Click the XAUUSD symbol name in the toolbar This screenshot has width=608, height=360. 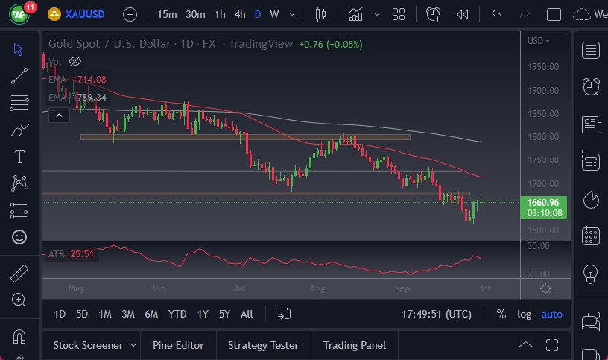click(85, 14)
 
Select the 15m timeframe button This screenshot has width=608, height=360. click(168, 14)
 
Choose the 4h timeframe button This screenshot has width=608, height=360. click(239, 14)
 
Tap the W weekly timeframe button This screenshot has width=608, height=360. click(274, 14)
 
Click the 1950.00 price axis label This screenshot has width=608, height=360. click(542, 67)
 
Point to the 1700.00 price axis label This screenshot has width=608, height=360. click(542, 183)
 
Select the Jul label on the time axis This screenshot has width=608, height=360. click(240, 288)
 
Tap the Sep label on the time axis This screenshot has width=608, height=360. click(402, 288)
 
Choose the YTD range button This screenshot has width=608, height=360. click(177, 314)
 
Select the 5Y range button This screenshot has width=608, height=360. click(224, 314)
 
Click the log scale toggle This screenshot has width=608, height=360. click(525, 314)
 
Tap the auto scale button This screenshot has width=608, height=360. click(552, 314)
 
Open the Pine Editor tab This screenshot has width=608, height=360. click(178, 345)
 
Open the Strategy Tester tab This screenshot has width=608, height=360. click(263, 345)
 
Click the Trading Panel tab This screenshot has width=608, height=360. click(355, 345)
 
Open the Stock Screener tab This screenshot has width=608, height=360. click(88, 345)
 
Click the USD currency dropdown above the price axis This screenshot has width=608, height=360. click(538, 41)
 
